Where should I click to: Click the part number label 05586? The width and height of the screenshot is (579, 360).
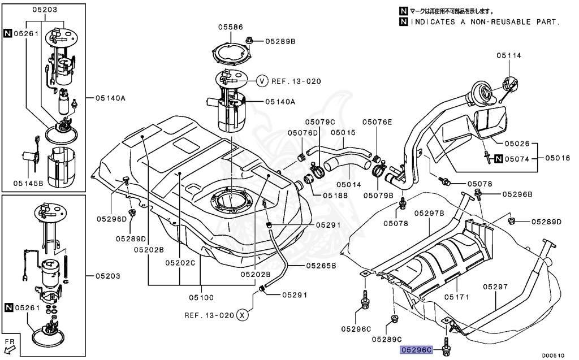coord(231,27)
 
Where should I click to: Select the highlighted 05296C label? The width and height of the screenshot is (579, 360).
coord(417,350)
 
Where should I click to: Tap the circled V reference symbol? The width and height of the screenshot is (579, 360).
coord(262,81)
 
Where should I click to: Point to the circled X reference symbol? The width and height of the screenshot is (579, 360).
coord(242,315)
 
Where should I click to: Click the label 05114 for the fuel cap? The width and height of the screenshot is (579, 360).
coord(509,55)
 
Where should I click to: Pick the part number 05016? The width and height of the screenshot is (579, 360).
coord(557,159)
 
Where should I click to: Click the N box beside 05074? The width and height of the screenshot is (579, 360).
coord(498,159)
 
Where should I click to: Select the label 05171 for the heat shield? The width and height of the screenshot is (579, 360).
coord(457,297)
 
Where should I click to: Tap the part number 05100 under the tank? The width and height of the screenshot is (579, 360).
coord(201,297)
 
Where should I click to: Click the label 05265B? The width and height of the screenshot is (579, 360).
coord(321,265)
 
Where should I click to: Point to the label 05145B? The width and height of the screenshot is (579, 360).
coord(29,183)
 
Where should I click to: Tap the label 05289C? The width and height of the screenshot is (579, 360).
coord(387,339)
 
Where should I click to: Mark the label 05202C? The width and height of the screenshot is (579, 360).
coord(180,263)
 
